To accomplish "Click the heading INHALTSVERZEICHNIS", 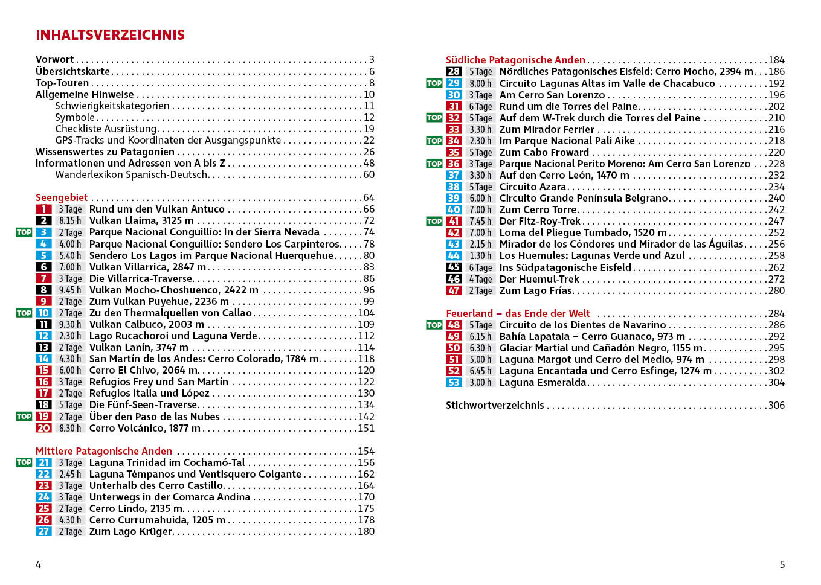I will tap(110, 35).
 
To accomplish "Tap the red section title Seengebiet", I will tap(62, 197).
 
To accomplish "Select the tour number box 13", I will tap(43, 347).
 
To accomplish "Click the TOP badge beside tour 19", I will tap(24, 417).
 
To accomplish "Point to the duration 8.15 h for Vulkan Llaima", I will tap(70, 221).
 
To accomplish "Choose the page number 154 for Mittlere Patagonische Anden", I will tap(366, 451).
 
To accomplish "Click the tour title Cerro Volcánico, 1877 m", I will tap(145, 428).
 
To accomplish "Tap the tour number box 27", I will tap(43, 531).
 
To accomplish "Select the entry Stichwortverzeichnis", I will tap(495, 405).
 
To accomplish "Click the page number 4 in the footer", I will tap(38, 564).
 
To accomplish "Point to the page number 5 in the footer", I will tap(782, 564).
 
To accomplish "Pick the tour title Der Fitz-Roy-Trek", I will tap(539, 221).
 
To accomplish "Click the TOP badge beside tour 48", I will tap(434, 325).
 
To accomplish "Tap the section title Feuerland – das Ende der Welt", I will tap(518, 313).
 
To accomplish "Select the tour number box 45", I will tap(454, 267).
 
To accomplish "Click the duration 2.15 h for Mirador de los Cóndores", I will tap(480, 245).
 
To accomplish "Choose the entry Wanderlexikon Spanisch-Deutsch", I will tap(131, 174).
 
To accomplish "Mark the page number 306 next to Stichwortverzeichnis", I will tap(776, 405).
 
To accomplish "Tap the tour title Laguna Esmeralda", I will tap(543, 382).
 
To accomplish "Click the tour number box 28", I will tap(454, 71).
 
